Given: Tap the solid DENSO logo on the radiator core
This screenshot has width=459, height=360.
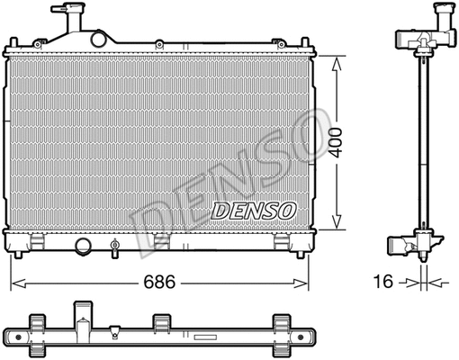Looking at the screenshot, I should click(255, 211).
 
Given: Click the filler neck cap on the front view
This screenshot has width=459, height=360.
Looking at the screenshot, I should click(66, 16).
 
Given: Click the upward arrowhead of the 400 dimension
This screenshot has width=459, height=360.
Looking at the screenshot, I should click(336, 62).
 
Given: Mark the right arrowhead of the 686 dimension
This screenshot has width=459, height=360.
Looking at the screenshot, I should click(308, 281).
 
